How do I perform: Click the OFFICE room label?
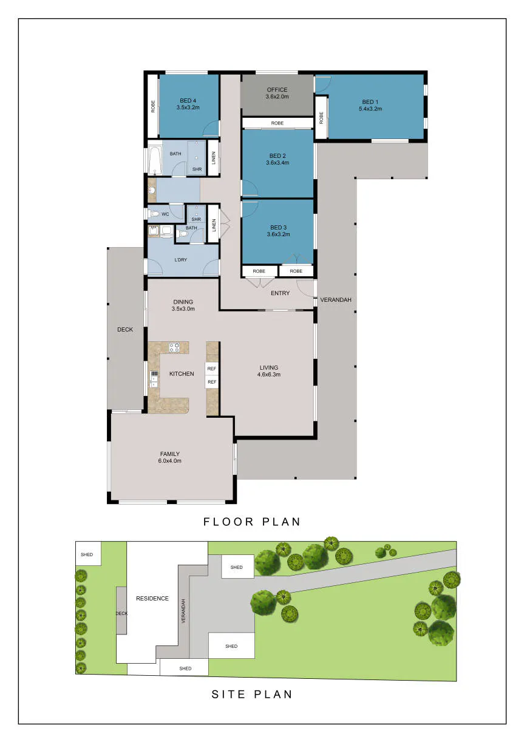pyautogui.click(x=277, y=90)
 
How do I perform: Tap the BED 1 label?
pyautogui.click(x=370, y=102)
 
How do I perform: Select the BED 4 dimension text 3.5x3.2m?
pyautogui.click(x=188, y=107)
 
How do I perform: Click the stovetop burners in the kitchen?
pyautogui.click(x=174, y=347)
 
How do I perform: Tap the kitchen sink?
pyautogui.click(x=154, y=379)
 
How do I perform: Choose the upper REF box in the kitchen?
pyautogui.click(x=212, y=369)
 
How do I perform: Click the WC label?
pyautogui.click(x=165, y=214)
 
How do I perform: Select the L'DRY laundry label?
pyautogui.click(x=180, y=260)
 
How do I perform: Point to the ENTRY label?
pyautogui.click(x=281, y=293)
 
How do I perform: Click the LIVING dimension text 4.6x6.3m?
pyautogui.click(x=269, y=375)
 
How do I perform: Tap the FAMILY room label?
pyautogui.click(x=170, y=454)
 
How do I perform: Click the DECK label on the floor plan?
pyautogui.click(x=125, y=329)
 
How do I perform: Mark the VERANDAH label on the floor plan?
pyautogui.click(x=336, y=300)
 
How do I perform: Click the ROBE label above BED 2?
pyautogui.click(x=277, y=123)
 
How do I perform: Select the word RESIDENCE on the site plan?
pyautogui.click(x=152, y=598)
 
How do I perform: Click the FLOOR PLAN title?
pyautogui.click(x=252, y=522)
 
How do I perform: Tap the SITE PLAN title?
pyautogui.click(x=252, y=694)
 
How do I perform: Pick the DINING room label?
pyautogui.click(x=183, y=302)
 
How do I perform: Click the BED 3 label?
pyautogui.click(x=278, y=228)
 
